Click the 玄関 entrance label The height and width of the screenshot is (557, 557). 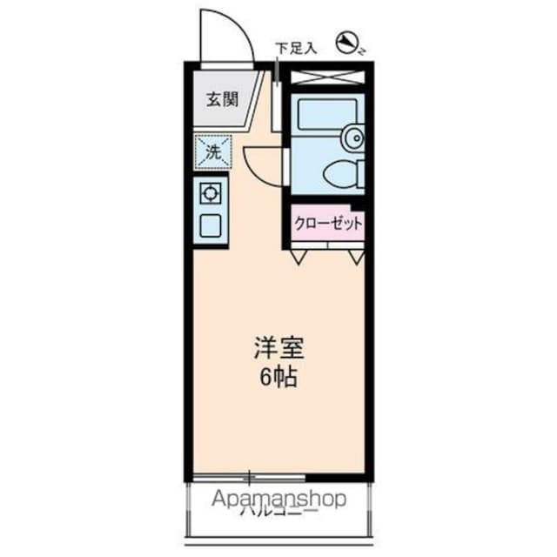tap(222, 99)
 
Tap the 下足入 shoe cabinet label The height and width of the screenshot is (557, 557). tap(297, 48)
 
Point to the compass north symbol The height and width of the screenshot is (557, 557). tap(350, 41)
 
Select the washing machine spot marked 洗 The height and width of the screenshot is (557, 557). tap(213, 151)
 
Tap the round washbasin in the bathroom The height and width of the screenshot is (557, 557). tap(353, 138)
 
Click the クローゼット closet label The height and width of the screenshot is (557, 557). tap(328, 223)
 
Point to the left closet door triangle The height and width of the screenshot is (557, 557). tap(299, 257)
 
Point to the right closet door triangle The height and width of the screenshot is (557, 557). tap(356, 257)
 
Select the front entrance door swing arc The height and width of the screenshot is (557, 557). tap(225, 35)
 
